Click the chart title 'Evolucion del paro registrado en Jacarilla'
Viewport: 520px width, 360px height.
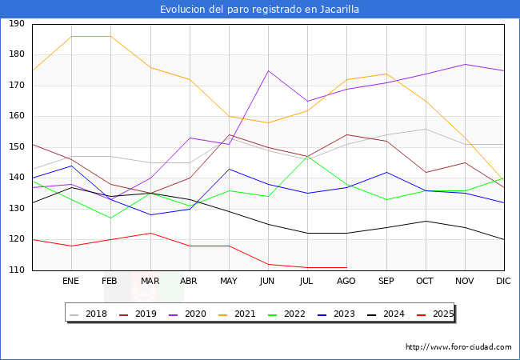tap(259, 10)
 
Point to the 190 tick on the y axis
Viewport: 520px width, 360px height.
tap(16, 24)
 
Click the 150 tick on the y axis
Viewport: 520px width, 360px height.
tap(16, 147)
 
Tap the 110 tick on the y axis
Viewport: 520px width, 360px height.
tap(16, 270)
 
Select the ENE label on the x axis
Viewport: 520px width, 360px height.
tap(71, 282)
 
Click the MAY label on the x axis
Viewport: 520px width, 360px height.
tap(229, 282)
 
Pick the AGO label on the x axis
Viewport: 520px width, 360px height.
tap(346, 282)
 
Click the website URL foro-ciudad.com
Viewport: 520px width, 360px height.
tap(458, 347)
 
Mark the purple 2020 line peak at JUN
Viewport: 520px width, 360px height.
tap(268, 70)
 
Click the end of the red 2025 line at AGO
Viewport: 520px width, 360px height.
tap(346, 267)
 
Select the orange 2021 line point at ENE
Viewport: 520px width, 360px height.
tap(71, 37)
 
